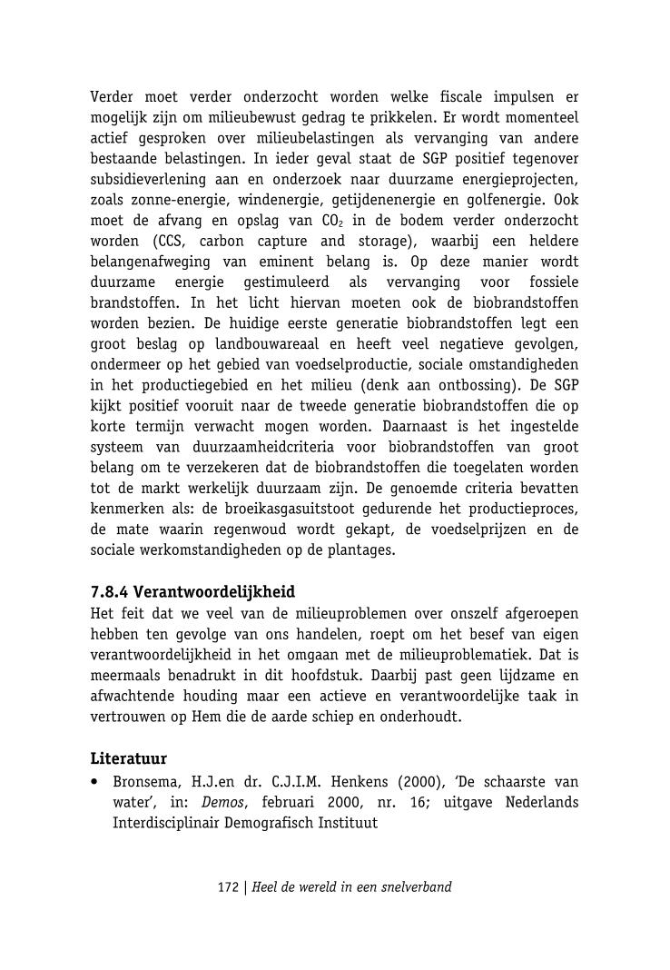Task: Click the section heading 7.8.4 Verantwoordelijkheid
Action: pos(192,592)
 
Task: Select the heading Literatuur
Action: pos(128,758)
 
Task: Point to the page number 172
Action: pos(228,887)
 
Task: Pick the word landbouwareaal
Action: pos(271,344)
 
